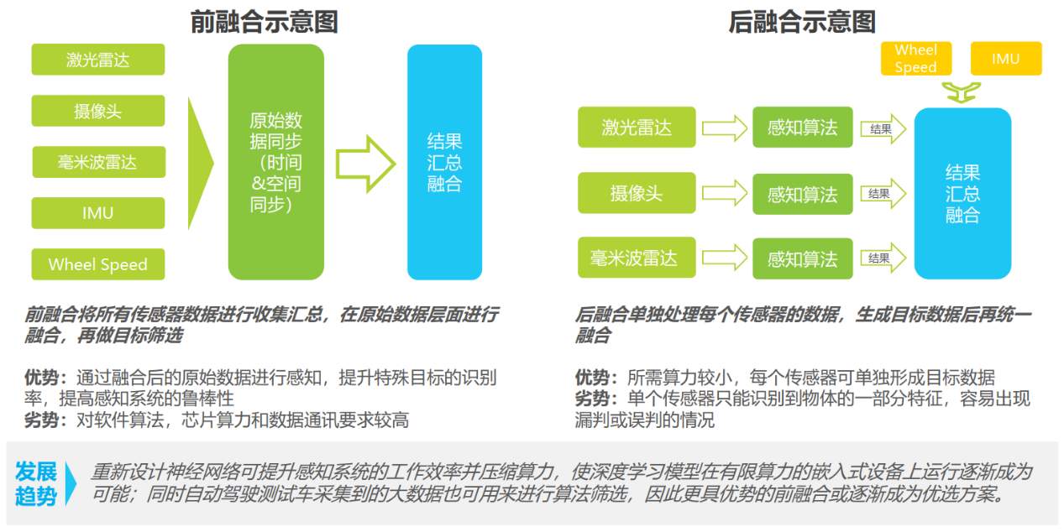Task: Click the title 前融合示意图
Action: point(264,23)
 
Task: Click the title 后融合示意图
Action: point(802,23)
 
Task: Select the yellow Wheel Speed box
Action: point(916,59)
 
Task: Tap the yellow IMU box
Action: point(1006,59)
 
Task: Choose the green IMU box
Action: point(98,213)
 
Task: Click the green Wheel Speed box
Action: point(98,264)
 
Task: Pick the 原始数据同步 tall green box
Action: point(276,162)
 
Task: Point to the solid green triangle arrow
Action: point(201,164)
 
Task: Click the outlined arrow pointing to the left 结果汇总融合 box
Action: point(366,164)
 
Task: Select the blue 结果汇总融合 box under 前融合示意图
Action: point(444,162)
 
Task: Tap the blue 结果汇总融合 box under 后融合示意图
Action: point(963,193)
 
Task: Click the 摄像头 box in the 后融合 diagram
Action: point(637,193)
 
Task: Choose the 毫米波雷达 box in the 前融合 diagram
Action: point(99,162)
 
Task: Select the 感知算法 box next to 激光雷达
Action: point(803,128)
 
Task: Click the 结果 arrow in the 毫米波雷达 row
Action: point(883,258)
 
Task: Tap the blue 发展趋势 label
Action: point(35,483)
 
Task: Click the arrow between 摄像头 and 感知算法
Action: point(725,193)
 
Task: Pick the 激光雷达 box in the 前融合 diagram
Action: point(98,60)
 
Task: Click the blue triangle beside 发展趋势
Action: point(71,483)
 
